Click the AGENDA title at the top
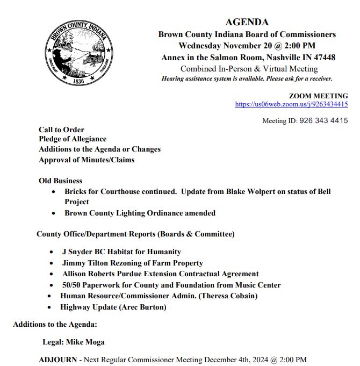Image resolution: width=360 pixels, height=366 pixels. coord(247,22)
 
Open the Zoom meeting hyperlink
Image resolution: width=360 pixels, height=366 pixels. coord(291,104)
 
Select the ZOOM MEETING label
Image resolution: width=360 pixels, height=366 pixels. coord(318,96)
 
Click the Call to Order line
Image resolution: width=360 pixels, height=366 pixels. coord(61,130)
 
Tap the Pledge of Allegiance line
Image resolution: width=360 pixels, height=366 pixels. coord(73,139)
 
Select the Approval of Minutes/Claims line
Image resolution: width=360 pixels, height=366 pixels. coord(87,160)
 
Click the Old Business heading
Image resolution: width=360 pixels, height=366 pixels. coord(60,181)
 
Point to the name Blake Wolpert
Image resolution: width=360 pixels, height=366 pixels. coord(253,192)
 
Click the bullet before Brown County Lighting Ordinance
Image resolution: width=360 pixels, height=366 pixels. coord(53,213)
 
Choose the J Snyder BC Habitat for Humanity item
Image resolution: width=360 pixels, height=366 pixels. coord(121,252)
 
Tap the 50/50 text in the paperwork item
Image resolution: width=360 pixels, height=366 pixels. coord(73,285)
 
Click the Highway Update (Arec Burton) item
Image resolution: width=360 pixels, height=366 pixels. coord(113,307)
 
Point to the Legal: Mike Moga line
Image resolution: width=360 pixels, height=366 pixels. coord(74,342)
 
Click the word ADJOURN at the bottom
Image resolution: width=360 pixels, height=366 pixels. coord(58,359)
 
